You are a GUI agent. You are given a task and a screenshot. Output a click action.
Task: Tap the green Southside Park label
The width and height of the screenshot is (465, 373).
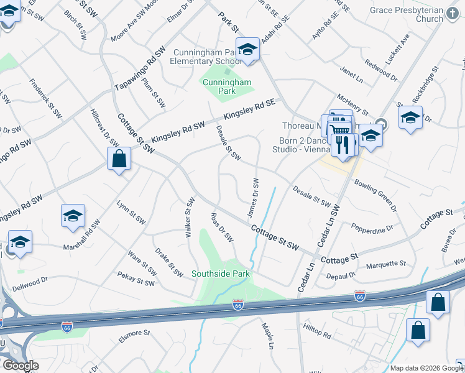click(x=220, y=274)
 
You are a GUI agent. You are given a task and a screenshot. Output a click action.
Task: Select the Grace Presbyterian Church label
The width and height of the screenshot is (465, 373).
click(x=415, y=14)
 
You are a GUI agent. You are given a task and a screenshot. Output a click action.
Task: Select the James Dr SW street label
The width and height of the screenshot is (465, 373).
click(x=254, y=198)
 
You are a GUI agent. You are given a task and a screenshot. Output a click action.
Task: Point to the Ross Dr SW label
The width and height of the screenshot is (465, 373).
click(x=222, y=228)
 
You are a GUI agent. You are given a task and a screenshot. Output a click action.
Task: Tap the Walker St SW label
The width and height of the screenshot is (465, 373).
click(x=187, y=217)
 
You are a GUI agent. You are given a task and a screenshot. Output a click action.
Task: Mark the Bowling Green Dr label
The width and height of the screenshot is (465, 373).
click(x=375, y=194)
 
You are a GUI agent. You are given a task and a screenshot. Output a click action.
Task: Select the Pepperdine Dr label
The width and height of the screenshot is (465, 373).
click(x=372, y=228)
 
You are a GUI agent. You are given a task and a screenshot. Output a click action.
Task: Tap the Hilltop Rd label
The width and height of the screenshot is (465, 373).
click(x=317, y=334)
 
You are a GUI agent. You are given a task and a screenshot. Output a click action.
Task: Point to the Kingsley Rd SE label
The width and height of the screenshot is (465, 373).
click(x=249, y=111)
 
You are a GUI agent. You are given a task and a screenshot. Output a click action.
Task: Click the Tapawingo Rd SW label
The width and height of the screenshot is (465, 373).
click(x=140, y=70)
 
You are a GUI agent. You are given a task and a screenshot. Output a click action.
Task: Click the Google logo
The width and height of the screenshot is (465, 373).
click(x=21, y=366)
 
